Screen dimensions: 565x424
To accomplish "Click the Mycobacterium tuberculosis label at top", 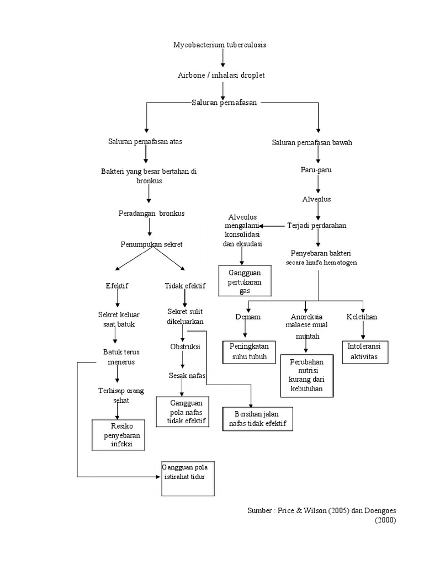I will (x=220, y=45).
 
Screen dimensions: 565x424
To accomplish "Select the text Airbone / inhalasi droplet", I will (x=221, y=74).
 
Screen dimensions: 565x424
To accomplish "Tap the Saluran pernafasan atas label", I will (x=145, y=142).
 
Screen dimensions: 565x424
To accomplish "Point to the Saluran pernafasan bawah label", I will (x=312, y=142).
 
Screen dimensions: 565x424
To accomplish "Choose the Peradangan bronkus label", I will (x=152, y=213).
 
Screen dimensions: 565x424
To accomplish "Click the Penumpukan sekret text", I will (x=152, y=243).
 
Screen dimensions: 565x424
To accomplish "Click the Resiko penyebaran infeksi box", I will (x=119, y=434).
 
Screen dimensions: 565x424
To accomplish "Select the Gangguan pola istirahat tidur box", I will (x=187, y=478).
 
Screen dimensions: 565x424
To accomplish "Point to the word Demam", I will (x=247, y=317).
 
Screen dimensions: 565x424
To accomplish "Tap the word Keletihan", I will (x=362, y=317).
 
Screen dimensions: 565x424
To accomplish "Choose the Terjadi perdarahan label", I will (x=317, y=226).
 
